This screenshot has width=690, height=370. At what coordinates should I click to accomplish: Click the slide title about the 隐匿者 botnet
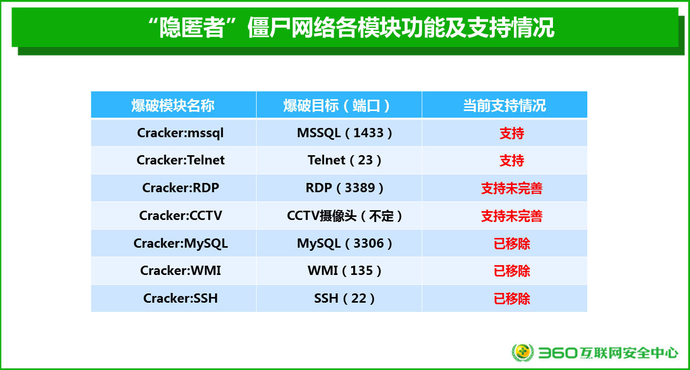pyautogui.click(x=351, y=28)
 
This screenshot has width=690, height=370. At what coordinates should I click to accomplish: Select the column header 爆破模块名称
pyautogui.click(x=173, y=105)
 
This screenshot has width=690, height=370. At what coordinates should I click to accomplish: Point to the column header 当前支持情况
pyautogui.click(x=505, y=105)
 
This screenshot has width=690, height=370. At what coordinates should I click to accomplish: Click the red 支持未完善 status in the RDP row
pyautogui.click(x=512, y=188)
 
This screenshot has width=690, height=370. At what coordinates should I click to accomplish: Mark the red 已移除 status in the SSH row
pyautogui.click(x=512, y=299)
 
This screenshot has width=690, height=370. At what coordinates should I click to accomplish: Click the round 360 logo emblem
pyautogui.click(x=523, y=352)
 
